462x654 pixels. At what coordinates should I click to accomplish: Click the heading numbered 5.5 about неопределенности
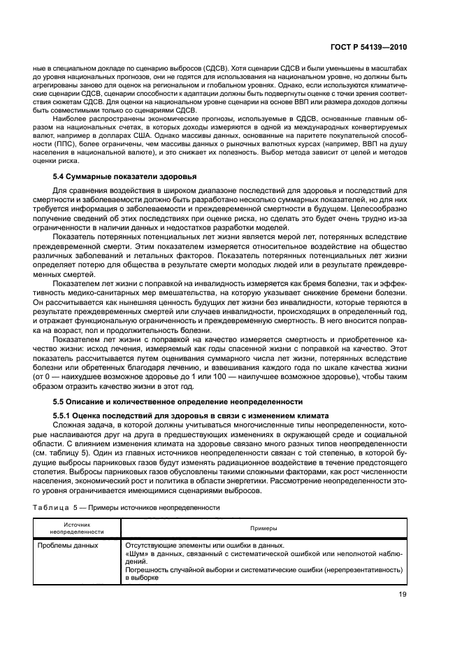pyautogui.click(x=178, y=401)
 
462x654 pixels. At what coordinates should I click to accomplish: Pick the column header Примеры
pyautogui.click(x=265, y=528)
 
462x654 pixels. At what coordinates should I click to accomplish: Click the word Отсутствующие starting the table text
pyautogui.click(x=151, y=544)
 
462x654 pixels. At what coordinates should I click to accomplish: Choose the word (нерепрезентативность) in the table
pyautogui.click(x=363, y=569)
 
